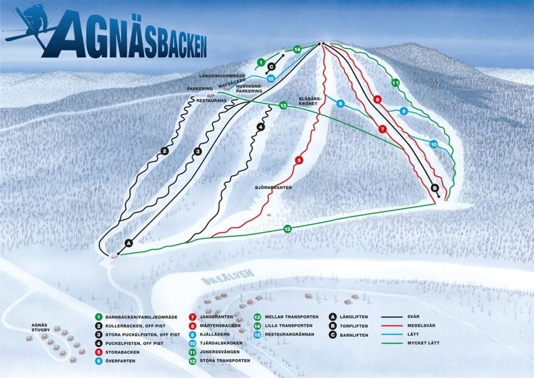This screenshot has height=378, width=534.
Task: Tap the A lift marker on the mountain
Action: click(x=129, y=243)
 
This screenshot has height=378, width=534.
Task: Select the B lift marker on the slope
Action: click(x=435, y=188)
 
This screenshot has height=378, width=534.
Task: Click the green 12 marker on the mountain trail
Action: click(x=287, y=229)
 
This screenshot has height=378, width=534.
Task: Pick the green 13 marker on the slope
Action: click(x=283, y=106)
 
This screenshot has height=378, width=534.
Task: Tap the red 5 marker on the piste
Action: click(x=299, y=160)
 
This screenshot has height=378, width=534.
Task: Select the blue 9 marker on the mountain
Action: click(x=404, y=112)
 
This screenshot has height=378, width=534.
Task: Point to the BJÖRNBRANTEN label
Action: click(x=273, y=186)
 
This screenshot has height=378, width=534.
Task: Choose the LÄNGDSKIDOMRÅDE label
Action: click(x=220, y=76)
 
